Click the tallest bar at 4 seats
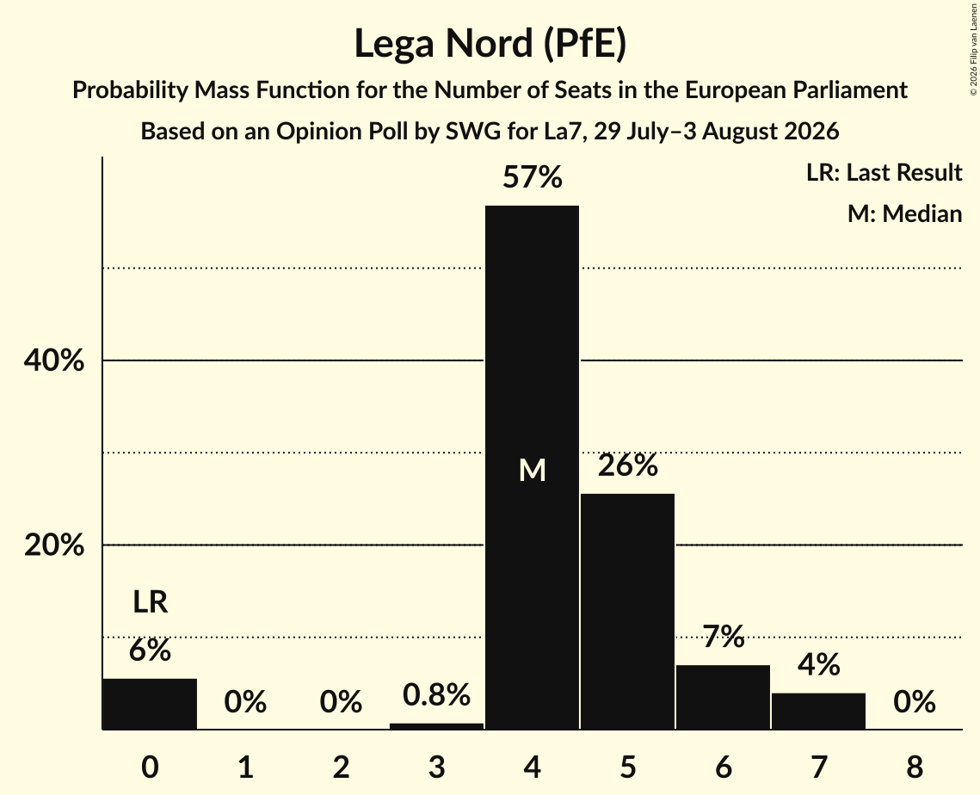click(532, 467)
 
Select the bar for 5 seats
click(627, 611)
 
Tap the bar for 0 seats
click(150, 704)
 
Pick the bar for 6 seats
click(723, 697)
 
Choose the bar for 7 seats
click(819, 712)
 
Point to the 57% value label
click(533, 177)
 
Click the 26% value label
click(627, 465)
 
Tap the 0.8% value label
click(436, 695)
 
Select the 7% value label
click(723, 637)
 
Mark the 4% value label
click(819, 665)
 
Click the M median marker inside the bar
click(533, 470)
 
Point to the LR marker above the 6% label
click(150, 602)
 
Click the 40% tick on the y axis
click(53, 361)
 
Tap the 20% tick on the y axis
click(53, 545)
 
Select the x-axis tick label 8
click(915, 767)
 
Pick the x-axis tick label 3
click(436, 767)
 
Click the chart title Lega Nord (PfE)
click(490, 44)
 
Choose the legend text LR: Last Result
click(884, 172)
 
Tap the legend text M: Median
click(904, 213)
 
